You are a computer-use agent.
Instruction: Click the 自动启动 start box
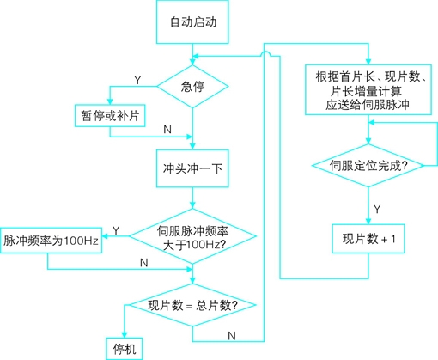click(x=192, y=21)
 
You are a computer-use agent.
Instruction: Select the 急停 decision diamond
click(x=192, y=87)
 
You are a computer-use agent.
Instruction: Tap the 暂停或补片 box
click(x=110, y=116)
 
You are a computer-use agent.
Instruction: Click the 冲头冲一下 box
click(x=192, y=168)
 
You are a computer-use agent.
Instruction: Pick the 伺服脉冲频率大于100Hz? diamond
click(x=192, y=236)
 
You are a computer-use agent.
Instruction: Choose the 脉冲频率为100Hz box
click(x=51, y=241)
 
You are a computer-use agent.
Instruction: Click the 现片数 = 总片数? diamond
click(x=192, y=305)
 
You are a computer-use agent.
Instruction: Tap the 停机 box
click(x=125, y=349)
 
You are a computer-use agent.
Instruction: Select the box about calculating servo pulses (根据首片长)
click(x=368, y=90)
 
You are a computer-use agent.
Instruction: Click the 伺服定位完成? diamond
click(x=368, y=166)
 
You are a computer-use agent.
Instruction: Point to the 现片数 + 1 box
click(x=368, y=239)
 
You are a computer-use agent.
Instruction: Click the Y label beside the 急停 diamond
click(x=137, y=81)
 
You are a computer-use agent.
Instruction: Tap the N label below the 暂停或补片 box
click(x=167, y=130)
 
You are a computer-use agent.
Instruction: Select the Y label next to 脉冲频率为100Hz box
click(x=116, y=230)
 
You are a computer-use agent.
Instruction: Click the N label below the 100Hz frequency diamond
click(x=144, y=263)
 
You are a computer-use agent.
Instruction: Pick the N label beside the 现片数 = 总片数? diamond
click(x=232, y=336)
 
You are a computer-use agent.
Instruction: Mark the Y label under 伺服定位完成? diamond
click(x=377, y=210)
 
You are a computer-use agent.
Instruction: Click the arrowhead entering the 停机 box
click(x=125, y=335)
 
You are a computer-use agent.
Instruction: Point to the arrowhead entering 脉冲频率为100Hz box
click(x=105, y=236)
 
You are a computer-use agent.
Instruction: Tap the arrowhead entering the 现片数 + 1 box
click(x=368, y=221)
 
